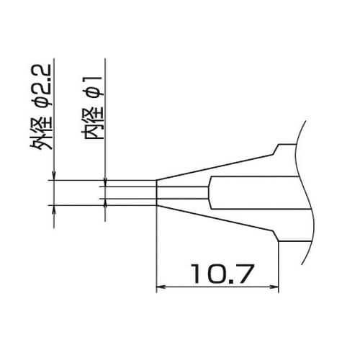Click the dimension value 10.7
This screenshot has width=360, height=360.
(x=218, y=274)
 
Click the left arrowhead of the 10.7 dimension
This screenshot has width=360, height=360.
(x=161, y=288)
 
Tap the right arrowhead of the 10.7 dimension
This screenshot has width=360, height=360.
(x=276, y=288)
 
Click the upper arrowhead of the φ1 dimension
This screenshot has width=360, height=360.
(x=105, y=183)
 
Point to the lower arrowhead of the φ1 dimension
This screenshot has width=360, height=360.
(x=105, y=202)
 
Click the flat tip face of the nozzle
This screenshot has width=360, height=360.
(x=156, y=192)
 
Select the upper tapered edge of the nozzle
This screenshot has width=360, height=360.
(x=216, y=166)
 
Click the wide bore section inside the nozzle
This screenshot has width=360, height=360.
(x=252, y=192)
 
